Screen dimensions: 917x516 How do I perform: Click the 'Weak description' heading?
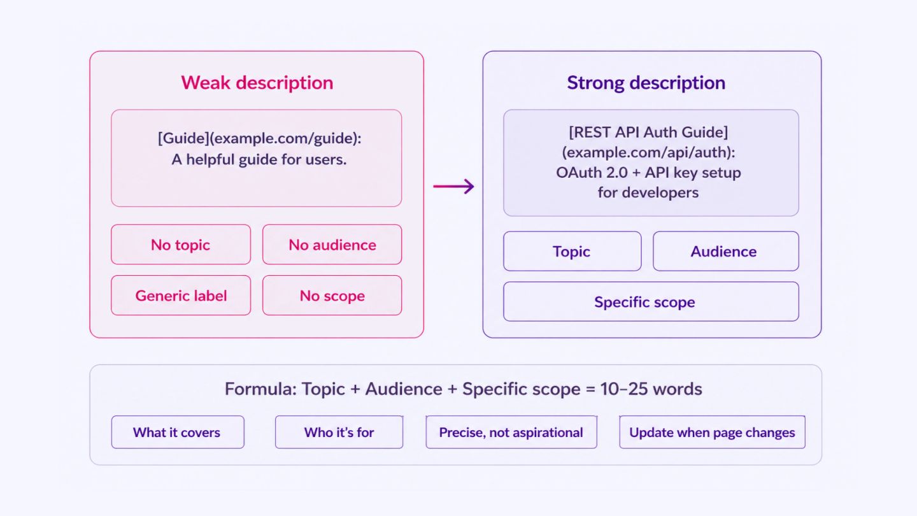[257, 83]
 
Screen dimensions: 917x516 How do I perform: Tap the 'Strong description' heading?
[646, 83]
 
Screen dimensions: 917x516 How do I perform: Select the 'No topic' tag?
[181, 245]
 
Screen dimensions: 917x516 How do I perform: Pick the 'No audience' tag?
[332, 245]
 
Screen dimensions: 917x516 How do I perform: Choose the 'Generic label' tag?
[181, 296]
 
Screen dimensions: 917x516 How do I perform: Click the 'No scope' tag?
[332, 296]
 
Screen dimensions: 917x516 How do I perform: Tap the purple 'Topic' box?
[572, 251]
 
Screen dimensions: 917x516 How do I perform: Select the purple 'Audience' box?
[726, 251]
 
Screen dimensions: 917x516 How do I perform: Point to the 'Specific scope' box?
[651, 301]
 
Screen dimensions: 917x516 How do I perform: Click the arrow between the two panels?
[453, 186]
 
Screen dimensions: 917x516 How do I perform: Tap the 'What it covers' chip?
[178, 432]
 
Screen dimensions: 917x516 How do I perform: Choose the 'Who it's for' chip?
[339, 432]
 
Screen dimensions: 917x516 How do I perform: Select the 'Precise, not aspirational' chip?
[511, 432]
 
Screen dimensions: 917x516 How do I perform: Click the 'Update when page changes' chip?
[713, 432]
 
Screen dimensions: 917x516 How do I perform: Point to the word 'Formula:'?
[261, 389]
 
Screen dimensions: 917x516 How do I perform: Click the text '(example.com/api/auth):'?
[648, 152]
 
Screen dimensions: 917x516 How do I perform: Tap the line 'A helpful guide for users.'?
[259, 159]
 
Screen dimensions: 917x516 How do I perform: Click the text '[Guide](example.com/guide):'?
[260, 138]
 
